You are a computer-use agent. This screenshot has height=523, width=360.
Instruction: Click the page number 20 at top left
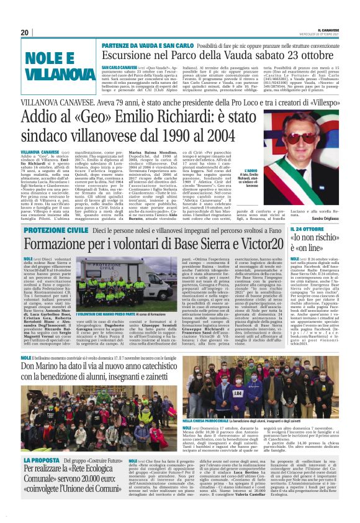point(24,32)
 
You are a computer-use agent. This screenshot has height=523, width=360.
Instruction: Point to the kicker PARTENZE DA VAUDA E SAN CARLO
point(146,45)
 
